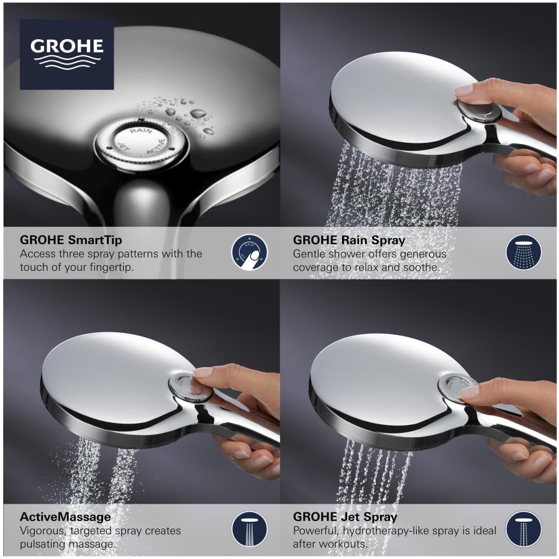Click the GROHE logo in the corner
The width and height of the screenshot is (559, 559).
(x=66, y=54)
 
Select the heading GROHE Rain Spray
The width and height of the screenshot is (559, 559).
(x=348, y=239)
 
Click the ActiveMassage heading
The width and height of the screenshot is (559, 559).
(x=65, y=517)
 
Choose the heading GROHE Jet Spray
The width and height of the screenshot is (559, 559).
(x=345, y=517)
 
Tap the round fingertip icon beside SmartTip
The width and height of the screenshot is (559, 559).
(x=249, y=252)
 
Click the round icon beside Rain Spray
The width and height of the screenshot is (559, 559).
(x=523, y=252)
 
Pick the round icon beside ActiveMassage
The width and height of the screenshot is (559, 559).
(x=249, y=529)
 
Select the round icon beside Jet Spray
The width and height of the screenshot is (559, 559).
(x=523, y=529)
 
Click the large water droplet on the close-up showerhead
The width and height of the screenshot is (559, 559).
(x=198, y=114)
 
